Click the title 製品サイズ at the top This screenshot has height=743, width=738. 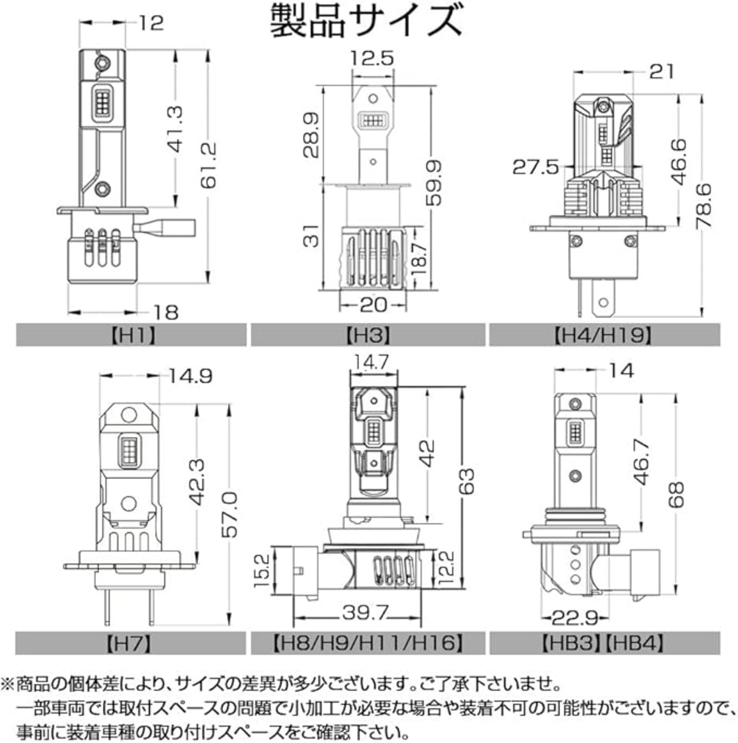click(366, 21)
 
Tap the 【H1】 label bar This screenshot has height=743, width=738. click(131, 335)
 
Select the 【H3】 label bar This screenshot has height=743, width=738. click(368, 335)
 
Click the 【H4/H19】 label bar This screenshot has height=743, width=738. click(604, 335)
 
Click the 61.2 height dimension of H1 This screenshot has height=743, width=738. click(209, 165)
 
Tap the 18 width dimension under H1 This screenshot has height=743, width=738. click(166, 312)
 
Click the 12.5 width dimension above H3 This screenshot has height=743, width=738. click(372, 59)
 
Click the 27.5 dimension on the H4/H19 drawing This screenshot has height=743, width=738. click(536, 167)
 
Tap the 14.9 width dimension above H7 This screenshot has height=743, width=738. click(190, 376)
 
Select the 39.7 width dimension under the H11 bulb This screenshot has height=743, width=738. click(364, 612)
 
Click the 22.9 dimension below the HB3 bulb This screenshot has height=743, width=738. click(575, 618)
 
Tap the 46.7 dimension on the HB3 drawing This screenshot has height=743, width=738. click(642, 461)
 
